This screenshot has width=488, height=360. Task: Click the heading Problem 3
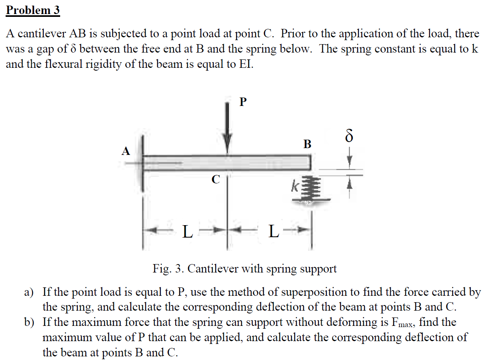33,10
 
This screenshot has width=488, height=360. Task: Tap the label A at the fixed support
126,151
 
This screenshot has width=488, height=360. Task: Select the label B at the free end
307,144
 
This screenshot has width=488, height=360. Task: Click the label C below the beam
216,180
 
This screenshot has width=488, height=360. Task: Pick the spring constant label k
295,186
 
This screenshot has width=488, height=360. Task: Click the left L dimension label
187,232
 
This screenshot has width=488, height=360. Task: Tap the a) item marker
28,292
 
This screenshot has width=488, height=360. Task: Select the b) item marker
28,322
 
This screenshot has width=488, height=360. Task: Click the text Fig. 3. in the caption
168,268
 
